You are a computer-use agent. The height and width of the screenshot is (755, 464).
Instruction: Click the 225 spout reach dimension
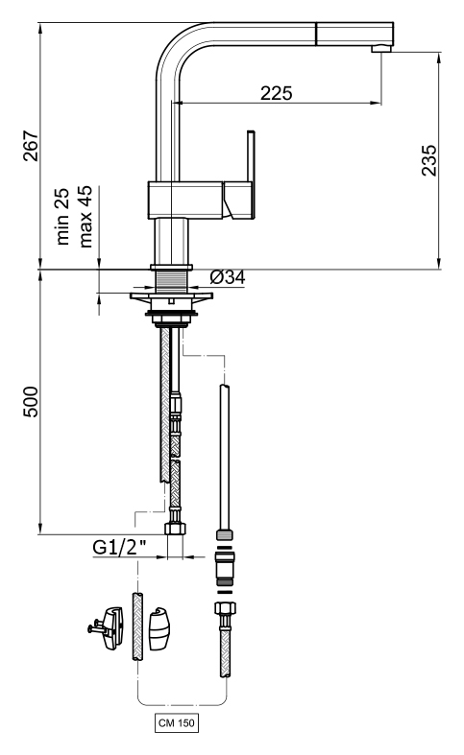(277, 93)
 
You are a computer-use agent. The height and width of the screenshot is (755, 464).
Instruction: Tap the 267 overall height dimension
(31, 146)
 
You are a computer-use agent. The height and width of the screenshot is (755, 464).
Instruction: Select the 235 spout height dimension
(428, 160)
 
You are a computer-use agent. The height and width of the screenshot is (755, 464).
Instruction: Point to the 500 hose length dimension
(31, 402)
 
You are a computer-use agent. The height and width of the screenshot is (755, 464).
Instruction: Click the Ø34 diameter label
(228, 277)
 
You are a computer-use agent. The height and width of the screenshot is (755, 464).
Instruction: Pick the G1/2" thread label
(120, 548)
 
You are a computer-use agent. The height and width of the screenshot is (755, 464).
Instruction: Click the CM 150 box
(177, 723)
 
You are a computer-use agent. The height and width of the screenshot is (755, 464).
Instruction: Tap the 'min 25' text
(62, 216)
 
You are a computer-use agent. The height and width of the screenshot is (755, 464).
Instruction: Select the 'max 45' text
(85, 216)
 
